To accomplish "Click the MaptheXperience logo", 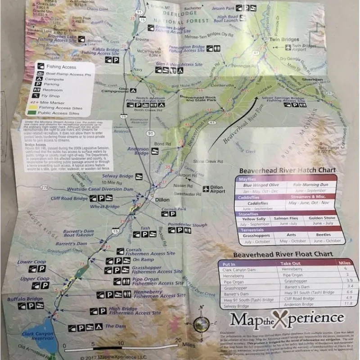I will [x=287, y=319].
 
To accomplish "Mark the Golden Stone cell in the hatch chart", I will [x=322, y=218].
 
